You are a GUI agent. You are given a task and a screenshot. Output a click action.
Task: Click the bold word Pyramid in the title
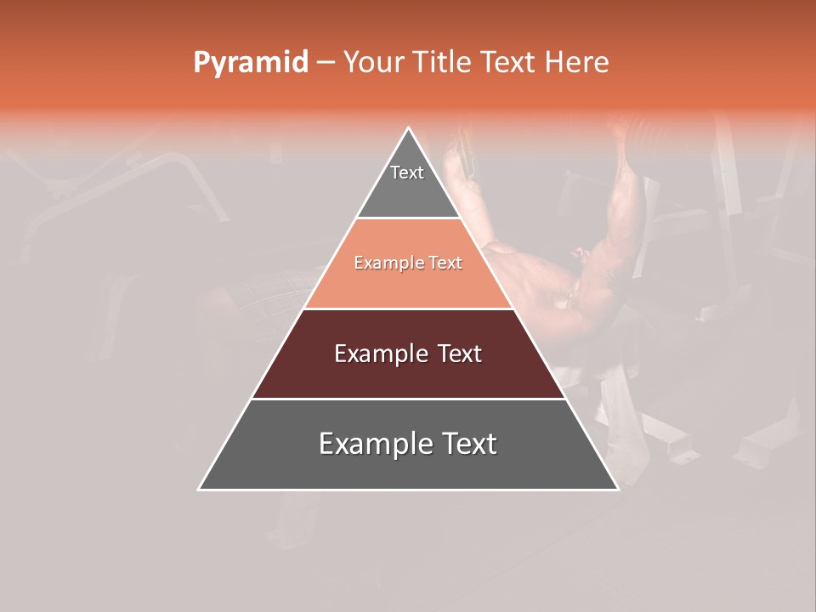pos(251,63)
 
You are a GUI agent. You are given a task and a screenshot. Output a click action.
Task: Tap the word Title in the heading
pos(442,63)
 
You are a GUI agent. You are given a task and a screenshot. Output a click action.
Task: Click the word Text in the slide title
pos(509,63)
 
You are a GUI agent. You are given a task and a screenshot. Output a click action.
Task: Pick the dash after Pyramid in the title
pos(325,63)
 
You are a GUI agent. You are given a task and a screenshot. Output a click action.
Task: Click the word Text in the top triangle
pos(407,173)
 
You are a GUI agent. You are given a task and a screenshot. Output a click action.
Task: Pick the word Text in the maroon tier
pos(459,354)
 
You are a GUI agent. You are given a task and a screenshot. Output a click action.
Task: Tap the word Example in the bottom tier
pos(375,444)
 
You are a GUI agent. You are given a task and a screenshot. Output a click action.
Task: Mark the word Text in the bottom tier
pos(468,444)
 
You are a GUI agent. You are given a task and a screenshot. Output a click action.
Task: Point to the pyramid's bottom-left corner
pos(199,490)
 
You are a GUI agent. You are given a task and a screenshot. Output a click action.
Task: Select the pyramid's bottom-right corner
pos(618,490)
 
